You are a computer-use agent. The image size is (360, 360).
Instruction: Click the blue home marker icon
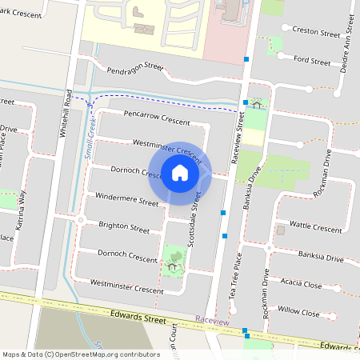(180, 173)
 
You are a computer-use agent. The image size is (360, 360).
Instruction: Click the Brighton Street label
(123, 227)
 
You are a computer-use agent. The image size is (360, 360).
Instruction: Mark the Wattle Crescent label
(315, 226)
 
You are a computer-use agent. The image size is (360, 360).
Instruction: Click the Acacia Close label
(301, 283)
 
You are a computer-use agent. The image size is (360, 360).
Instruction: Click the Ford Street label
(312, 61)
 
